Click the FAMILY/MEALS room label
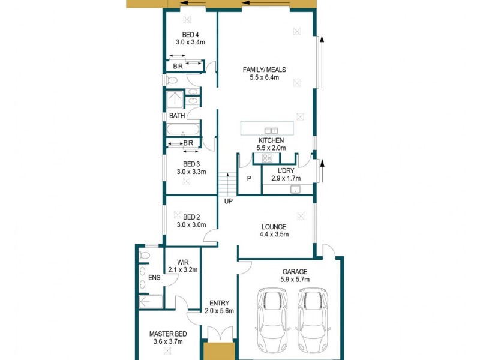pyautogui.click(x=264, y=70)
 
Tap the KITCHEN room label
pyautogui.click(x=271, y=140)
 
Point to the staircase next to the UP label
pyautogui.click(x=224, y=182)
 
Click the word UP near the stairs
pyautogui.click(x=228, y=201)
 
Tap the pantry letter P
pyautogui.click(x=249, y=178)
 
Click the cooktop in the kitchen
pyautogui.click(x=266, y=158)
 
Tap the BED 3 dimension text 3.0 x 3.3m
pyautogui.click(x=191, y=172)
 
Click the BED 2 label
pyautogui.click(x=191, y=217)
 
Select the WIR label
pyautogui.click(x=183, y=262)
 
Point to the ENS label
pyautogui.click(x=154, y=277)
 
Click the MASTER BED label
pyautogui.click(x=167, y=334)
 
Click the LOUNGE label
pyautogui.click(x=274, y=227)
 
